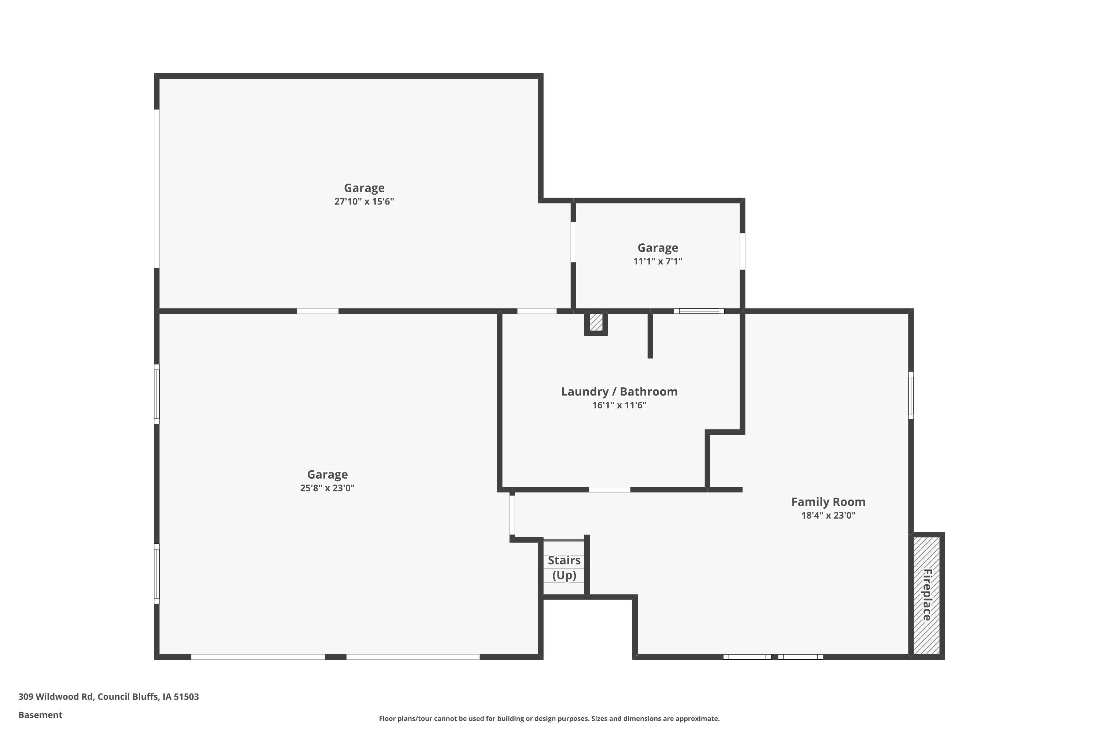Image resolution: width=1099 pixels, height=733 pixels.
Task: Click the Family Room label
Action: [828, 502]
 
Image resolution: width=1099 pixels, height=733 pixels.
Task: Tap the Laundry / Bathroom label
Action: [619, 391]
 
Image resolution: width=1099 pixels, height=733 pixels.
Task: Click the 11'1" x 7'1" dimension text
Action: [658, 261]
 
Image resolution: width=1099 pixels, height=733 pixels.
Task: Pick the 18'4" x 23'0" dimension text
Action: [828, 515]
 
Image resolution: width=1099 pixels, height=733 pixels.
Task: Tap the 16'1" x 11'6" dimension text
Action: [619, 405]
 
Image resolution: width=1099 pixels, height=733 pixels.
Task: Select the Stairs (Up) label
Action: [564, 567]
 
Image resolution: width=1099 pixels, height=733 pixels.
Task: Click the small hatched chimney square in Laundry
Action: [596, 322]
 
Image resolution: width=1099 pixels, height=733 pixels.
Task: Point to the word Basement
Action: [40, 715]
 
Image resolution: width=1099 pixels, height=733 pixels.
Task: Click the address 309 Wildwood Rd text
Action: [108, 697]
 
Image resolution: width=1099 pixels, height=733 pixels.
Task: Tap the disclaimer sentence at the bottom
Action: [549, 718]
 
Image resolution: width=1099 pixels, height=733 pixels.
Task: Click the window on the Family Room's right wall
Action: [911, 395]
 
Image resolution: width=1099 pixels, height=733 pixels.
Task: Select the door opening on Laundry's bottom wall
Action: [609, 489]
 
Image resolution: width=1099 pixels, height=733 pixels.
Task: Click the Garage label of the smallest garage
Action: [658, 248]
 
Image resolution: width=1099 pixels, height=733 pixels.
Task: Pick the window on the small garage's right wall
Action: [742, 251]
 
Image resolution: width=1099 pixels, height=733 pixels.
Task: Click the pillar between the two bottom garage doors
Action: [336, 657]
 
